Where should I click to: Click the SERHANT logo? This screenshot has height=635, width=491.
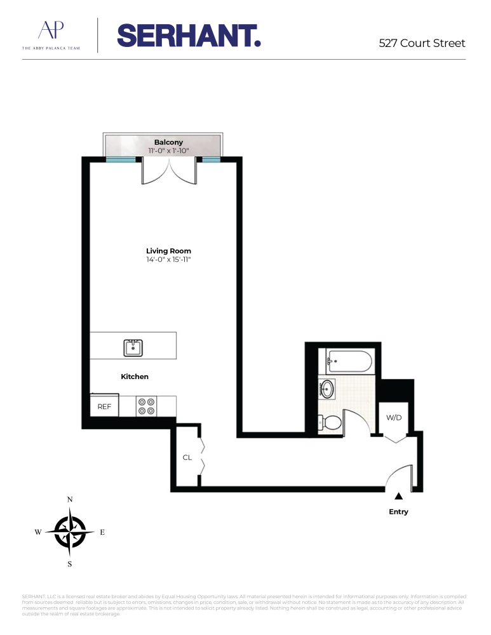189,36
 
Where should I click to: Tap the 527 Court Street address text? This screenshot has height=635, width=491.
422,43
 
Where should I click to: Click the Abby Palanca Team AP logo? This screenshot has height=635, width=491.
51,34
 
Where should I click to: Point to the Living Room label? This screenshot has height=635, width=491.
168,251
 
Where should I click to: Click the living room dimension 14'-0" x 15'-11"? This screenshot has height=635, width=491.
168,260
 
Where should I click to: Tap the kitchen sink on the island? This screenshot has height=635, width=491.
133,347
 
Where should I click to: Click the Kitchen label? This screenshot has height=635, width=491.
135,377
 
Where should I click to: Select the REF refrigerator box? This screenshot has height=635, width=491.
104,406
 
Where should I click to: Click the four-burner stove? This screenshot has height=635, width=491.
147,406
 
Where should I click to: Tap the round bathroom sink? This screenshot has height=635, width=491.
328,389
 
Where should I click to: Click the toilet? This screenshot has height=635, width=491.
330,422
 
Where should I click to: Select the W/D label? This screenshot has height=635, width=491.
394,418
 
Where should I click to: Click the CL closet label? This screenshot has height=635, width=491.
187,457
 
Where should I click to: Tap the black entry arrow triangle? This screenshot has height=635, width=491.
398,497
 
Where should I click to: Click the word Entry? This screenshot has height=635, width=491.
398,512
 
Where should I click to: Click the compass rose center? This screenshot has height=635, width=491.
70,532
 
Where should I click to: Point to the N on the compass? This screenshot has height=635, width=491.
70,500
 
